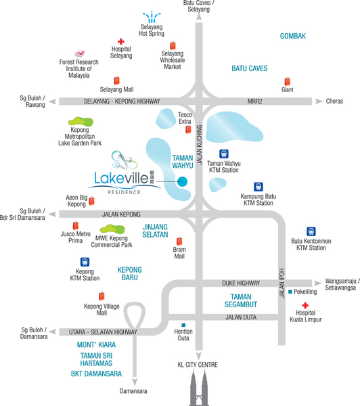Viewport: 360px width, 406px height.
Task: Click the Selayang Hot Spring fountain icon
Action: click(152, 17)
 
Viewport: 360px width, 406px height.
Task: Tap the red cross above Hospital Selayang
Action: click(121, 41)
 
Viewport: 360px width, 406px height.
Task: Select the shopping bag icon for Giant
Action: click(287, 81)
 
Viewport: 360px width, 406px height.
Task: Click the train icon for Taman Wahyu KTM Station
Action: click(224, 154)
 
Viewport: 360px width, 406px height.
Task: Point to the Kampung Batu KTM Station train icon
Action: click(258, 187)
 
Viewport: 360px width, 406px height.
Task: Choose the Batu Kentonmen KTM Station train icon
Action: click(311, 231)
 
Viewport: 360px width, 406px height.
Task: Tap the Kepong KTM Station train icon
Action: click(85, 262)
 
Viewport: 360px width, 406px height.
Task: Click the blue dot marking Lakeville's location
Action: click(182, 181)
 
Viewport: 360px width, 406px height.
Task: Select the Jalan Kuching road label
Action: click(199, 145)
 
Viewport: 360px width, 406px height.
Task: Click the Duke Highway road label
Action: click(241, 284)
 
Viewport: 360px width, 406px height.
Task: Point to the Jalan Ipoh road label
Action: click(282, 283)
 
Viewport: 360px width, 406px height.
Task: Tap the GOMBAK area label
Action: click(293, 36)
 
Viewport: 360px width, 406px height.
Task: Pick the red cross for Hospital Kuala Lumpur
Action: click(305, 306)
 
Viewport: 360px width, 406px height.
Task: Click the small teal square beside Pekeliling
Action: click(290, 292)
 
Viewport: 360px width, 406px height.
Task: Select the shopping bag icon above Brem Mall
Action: click(179, 241)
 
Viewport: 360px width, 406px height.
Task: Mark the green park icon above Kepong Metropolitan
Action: click(81, 121)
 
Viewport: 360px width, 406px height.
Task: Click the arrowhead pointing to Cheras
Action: click(319, 101)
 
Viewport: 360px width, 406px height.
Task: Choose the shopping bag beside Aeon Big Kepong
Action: click(91, 201)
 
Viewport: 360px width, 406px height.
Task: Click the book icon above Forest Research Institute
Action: click(79, 54)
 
